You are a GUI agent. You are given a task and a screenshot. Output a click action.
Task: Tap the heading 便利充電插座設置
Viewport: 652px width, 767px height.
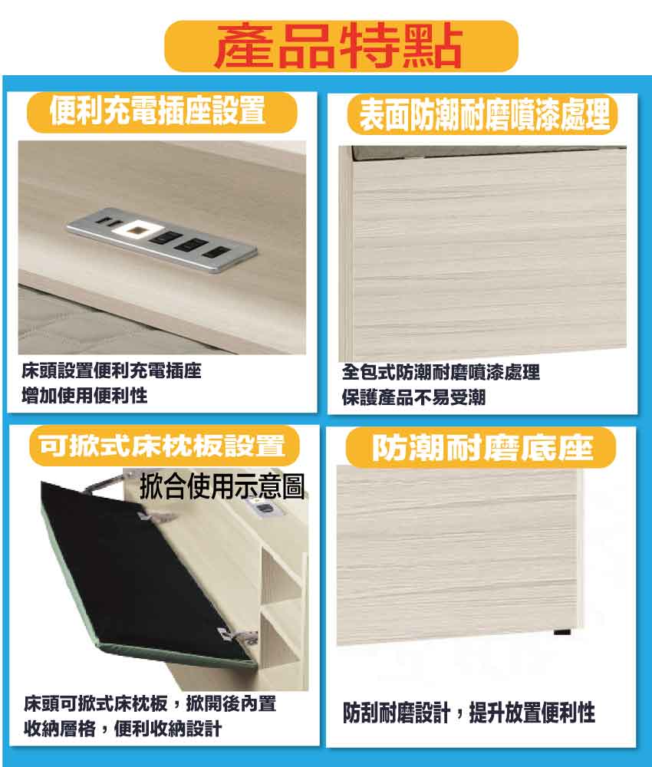[x=157, y=111]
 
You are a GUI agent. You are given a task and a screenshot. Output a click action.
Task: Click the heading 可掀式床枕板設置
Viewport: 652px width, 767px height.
[x=162, y=446]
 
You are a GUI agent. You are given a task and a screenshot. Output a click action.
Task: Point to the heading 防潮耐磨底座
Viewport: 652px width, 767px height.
[x=482, y=448]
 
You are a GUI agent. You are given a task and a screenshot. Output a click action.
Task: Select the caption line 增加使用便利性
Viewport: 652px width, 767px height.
[x=84, y=395]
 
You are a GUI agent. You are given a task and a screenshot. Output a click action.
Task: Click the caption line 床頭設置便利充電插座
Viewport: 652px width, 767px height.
[x=111, y=370]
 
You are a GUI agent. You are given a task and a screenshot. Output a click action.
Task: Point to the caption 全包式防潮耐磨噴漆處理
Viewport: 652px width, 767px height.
[x=441, y=372]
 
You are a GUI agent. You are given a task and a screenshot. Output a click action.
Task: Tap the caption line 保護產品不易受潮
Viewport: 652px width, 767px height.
[x=413, y=397]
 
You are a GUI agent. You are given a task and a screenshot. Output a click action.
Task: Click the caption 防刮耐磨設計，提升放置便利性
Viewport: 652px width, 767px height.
[x=469, y=713]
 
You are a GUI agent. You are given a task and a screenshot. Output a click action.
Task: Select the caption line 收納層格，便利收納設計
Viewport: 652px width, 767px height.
[x=123, y=729]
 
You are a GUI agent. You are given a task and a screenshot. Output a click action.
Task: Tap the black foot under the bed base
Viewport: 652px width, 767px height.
[x=562, y=633]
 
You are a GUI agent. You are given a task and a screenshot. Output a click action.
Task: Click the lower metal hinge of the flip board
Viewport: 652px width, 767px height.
[x=239, y=635]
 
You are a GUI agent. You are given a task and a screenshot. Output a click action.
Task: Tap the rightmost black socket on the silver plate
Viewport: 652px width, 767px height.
[x=216, y=253]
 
